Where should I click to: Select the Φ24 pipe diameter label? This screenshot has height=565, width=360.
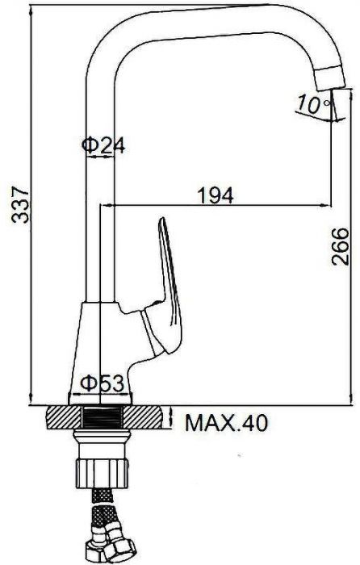(x=103, y=145)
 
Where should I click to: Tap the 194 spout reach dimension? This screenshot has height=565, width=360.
(x=216, y=195)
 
